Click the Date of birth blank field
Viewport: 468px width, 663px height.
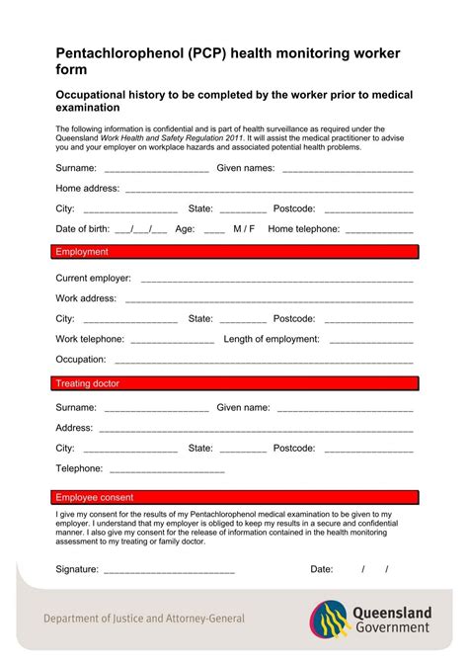pyautogui.click(x=140, y=230)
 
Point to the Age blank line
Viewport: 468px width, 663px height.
pyautogui.click(x=214, y=230)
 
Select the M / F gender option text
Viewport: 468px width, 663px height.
pyautogui.click(x=244, y=229)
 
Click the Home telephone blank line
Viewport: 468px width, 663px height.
pyautogui.click(x=380, y=230)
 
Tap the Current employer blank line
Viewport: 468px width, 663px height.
pyautogui.click(x=276, y=280)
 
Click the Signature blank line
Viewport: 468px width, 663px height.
pyautogui.click(x=169, y=571)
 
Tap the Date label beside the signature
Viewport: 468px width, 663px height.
pyautogui.click(x=322, y=569)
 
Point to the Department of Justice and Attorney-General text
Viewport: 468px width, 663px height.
pyautogui.click(x=144, y=619)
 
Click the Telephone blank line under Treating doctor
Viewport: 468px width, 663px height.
pyautogui.click(x=167, y=470)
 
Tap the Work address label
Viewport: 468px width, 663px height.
pyautogui.click(x=86, y=298)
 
